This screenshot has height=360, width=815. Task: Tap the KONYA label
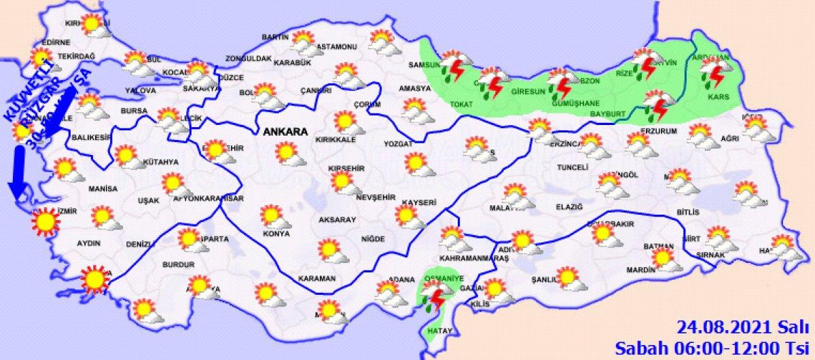click(x=276, y=234)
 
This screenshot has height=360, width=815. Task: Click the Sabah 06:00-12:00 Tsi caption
click(x=714, y=348)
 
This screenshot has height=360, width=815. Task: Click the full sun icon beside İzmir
click(x=46, y=223)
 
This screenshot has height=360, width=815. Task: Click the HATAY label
click(x=434, y=330)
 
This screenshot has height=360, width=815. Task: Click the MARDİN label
click(x=640, y=270)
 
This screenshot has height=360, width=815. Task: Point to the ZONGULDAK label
click(x=249, y=58)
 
